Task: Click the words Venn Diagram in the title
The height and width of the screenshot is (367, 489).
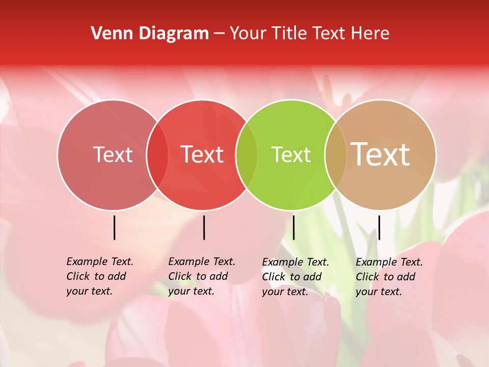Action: (x=150, y=34)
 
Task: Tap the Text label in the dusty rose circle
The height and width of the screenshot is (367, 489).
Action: (x=113, y=154)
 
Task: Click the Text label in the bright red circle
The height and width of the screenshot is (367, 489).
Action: (x=202, y=154)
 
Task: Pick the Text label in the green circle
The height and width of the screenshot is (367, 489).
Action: (x=291, y=154)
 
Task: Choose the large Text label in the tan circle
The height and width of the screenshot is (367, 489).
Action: (x=381, y=154)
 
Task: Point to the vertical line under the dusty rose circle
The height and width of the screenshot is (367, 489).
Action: (x=115, y=227)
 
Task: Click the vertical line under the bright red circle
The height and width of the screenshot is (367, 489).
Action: (x=204, y=227)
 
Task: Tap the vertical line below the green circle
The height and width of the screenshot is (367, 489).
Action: (x=294, y=227)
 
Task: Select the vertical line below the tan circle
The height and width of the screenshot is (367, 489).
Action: (x=379, y=227)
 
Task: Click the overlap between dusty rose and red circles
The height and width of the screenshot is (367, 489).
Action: (x=157, y=154)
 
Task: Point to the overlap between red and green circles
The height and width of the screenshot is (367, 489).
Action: (x=247, y=154)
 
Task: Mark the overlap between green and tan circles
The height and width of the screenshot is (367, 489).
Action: (x=336, y=154)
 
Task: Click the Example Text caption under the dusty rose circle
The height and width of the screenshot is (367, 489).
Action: (x=100, y=276)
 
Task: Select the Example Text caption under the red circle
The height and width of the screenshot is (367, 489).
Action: (x=202, y=276)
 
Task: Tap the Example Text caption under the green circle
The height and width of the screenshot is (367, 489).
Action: (x=295, y=277)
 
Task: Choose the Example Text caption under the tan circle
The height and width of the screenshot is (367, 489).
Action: (x=389, y=277)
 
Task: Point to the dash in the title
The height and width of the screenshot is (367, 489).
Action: (x=219, y=34)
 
